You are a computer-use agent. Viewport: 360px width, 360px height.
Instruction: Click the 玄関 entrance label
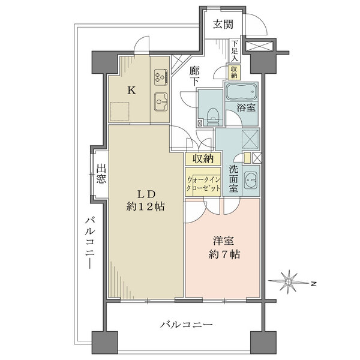tap(223, 24)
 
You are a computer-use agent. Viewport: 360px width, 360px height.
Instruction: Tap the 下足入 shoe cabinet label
tap(235, 51)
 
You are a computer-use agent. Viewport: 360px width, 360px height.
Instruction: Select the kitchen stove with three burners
tap(161, 76)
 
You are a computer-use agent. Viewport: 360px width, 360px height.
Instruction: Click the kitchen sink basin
tap(161, 102)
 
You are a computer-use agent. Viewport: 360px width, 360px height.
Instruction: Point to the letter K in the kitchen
tap(131, 90)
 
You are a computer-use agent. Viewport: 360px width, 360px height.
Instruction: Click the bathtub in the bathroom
tap(241, 92)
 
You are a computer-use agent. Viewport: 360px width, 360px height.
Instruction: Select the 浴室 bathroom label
tap(246, 107)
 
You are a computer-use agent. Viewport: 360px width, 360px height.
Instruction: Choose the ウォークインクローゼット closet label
tap(203, 184)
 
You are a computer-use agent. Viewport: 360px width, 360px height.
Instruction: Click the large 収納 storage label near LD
tap(203, 158)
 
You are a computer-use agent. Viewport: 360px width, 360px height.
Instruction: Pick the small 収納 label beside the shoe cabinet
tap(234, 72)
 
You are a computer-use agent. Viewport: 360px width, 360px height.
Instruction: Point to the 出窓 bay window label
tap(101, 173)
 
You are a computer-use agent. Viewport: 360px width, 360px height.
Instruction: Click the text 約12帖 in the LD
tap(145, 207)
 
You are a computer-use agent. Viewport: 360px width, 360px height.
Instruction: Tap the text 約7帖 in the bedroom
tap(224, 254)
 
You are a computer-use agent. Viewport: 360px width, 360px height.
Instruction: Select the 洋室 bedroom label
tap(223, 241)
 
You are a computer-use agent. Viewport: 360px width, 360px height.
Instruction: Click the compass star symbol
tap(289, 282)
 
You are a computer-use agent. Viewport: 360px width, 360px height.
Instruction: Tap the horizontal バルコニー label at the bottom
tap(186, 325)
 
